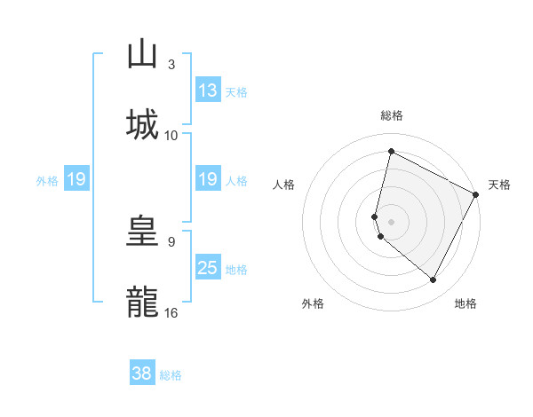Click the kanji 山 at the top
[142, 55]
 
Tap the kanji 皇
[142, 232]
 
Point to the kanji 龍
[142, 301]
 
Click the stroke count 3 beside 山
[171, 65]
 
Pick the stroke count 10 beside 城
[171, 135]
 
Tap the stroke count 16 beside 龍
[171, 312]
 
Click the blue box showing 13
[208, 90]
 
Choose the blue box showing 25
[208, 268]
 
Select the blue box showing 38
[142, 374]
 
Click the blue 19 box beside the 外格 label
[76, 179]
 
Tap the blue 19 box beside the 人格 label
[208, 179]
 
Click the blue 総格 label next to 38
[171, 375]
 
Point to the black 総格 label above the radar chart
[392, 115]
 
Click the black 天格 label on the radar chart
[499, 185]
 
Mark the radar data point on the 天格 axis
[476, 195]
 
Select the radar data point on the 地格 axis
[434, 280]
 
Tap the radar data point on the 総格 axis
[391, 152]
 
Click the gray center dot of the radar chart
[392, 221]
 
